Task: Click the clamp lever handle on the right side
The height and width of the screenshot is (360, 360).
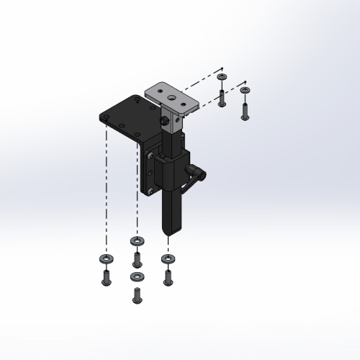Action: (x=197, y=174)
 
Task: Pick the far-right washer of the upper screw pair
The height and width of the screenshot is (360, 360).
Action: (x=246, y=91)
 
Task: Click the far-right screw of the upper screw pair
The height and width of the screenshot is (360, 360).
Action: (x=246, y=110)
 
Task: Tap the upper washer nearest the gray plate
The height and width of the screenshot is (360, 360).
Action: (x=222, y=77)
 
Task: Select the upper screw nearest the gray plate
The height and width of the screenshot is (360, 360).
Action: (x=222, y=96)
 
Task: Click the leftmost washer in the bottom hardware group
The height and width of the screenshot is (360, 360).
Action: (x=105, y=258)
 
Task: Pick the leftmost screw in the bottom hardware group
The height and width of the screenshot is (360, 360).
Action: (x=105, y=276)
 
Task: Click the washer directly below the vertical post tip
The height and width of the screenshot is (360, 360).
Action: (x=168, y=258)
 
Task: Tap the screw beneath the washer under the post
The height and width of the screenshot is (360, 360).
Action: (x=168, y=276)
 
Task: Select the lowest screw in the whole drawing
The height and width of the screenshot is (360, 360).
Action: (x=136, y=294)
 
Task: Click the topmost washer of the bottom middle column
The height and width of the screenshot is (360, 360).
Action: (x=136, y=240)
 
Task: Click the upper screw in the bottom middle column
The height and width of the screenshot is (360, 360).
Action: (x=136, y=258)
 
